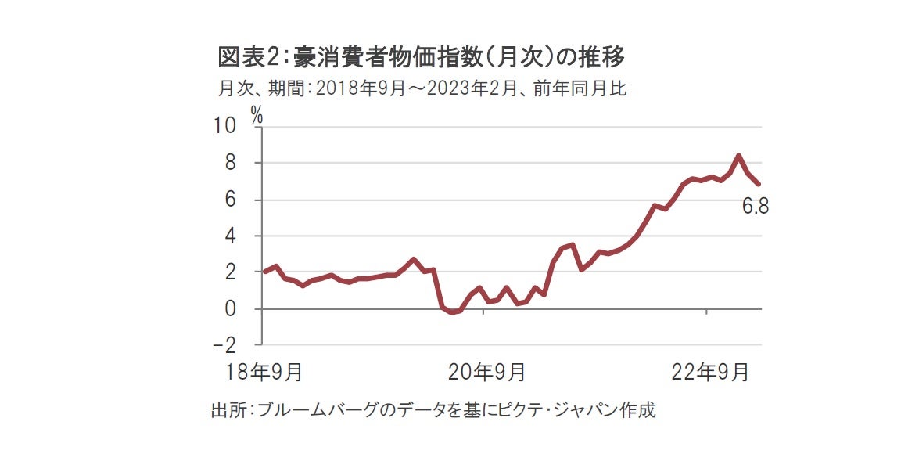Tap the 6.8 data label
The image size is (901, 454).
pos(756,207)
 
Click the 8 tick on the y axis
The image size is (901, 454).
pos(232,163)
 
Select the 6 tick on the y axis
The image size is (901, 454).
pos(232,200)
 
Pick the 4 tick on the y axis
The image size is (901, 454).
pos(232,236)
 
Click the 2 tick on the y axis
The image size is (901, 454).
pos(232,272)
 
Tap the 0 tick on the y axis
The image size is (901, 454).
pos(232,308)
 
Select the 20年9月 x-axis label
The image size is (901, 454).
pos(486,372)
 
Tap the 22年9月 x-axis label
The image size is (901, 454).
pos(710,372)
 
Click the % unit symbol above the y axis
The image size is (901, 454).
pos(257,114)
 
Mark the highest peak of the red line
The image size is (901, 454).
pos(739,156)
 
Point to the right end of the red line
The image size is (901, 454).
pos(759,184)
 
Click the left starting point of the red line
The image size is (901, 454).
pos(264,272)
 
